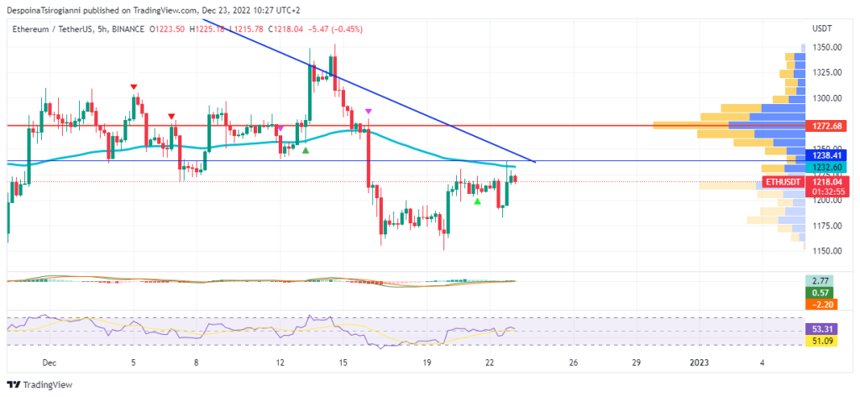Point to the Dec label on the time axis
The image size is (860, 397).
tap(49, 363)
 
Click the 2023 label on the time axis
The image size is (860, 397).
tap(699, 363)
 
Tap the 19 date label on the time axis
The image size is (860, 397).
tap(427, 363)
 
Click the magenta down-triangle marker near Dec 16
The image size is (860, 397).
tap(369, 111)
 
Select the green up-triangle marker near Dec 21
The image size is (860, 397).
tap(477, 201)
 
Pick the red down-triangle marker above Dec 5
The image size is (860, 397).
tap(134, 86)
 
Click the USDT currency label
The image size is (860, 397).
tap(822, 29)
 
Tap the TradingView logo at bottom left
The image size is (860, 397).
tap(41, 384)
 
